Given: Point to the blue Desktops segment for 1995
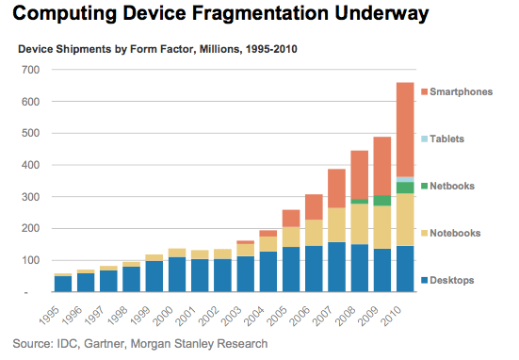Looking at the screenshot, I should [63, 284].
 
